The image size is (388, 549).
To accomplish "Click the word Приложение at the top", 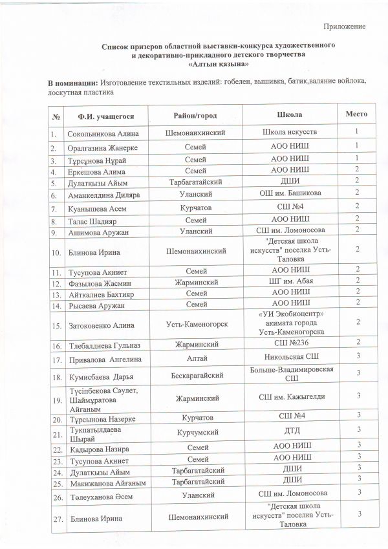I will (x=345, y=27).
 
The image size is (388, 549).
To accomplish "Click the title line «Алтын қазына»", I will (x=221, y=65).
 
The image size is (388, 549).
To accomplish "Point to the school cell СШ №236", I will (x=289, y=341).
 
